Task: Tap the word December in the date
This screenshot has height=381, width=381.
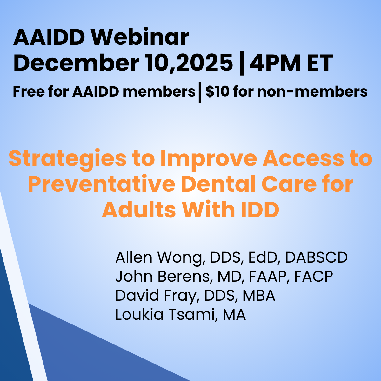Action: [x=76, y=63]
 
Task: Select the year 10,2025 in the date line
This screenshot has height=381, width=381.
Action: [x=189, y=63]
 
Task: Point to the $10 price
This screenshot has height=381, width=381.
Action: [x=217, y=92]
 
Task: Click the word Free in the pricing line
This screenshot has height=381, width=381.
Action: [x=29, y=92]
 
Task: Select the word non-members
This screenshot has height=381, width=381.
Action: [x=312, y=92]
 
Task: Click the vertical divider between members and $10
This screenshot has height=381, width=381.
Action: [x=200, y=92]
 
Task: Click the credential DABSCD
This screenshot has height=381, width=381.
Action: [x=316, y=257]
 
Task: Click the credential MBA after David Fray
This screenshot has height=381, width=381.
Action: [x=259, y=295]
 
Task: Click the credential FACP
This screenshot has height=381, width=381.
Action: [x=314, y=277]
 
